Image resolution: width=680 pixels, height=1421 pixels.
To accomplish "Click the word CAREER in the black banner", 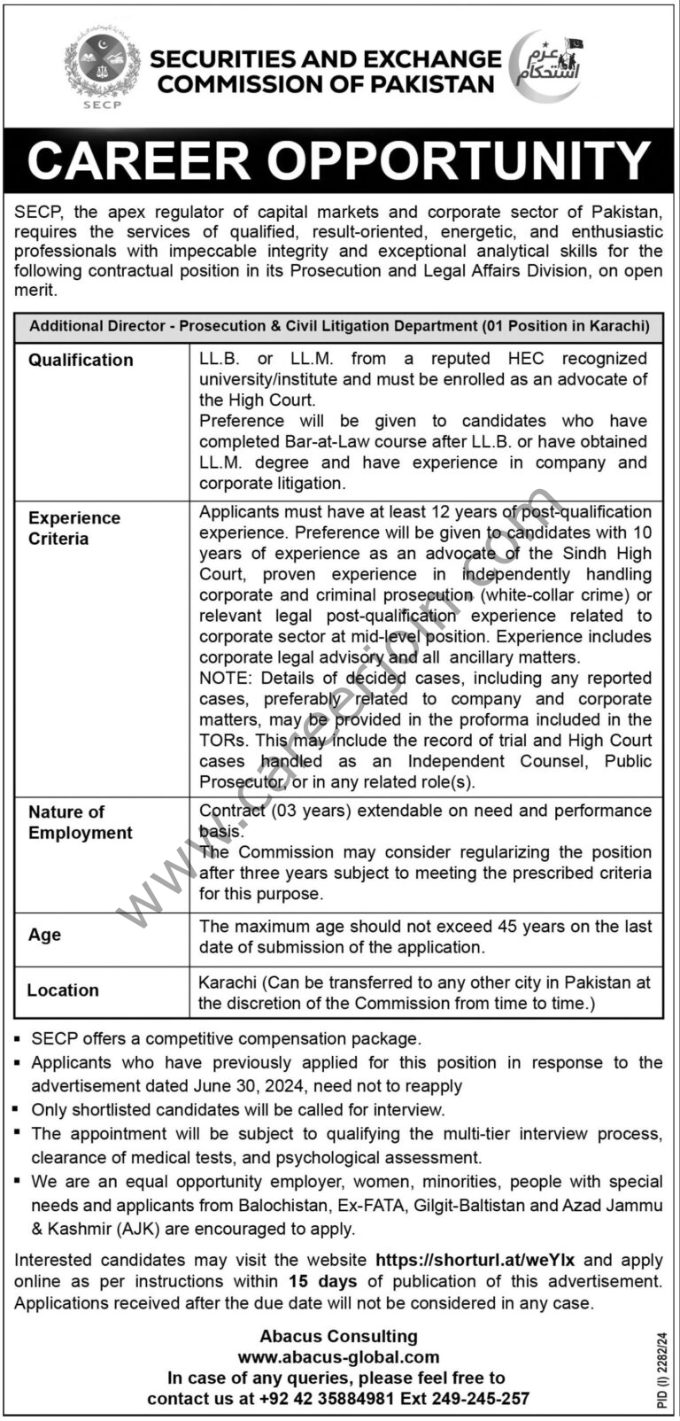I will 139,161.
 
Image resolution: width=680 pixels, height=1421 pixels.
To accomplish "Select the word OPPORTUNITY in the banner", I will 460,161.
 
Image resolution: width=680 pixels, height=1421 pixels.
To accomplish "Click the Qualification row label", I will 81,360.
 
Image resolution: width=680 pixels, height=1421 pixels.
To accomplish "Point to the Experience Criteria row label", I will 73,528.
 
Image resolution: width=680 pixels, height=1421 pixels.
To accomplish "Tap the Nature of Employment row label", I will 80,822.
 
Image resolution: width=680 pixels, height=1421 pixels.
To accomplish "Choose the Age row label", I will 44,935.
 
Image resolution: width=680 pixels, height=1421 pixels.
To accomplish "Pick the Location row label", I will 63,990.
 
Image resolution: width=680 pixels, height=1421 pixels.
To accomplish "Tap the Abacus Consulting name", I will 338,1336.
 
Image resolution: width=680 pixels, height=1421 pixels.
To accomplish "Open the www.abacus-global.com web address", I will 338,1356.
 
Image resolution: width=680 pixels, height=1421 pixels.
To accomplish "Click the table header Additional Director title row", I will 339,326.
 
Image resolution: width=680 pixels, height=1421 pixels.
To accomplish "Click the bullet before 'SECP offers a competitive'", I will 19,1039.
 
